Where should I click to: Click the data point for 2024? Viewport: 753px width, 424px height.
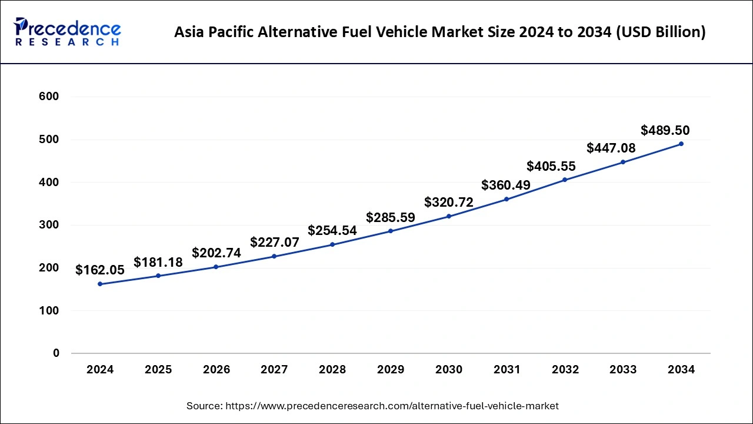[x=100, y=284]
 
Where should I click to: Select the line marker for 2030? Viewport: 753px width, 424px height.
[x=449, y=216]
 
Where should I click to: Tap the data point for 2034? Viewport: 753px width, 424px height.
[x=681, y=144]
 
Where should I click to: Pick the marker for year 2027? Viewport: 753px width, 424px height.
[x=274, y=256]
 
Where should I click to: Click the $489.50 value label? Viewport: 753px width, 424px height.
[x=665, y=130]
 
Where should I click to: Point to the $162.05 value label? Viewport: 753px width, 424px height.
[x=100, y=270]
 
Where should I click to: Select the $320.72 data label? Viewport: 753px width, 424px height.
[x=449, y=203]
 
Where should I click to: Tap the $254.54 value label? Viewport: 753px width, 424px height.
[x=332, y=230]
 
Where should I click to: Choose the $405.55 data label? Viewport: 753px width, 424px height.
[x=551, y=166]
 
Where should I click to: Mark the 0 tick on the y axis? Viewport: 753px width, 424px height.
[x=56, y=353]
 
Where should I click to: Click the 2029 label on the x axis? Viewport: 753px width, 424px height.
[x=391, y=370]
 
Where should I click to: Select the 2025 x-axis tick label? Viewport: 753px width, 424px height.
[x=158, y=370]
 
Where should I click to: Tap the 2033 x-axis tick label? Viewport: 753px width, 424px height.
[x=623, y=370]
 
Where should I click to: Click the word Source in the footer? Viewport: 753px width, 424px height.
[x=204, y=406]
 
